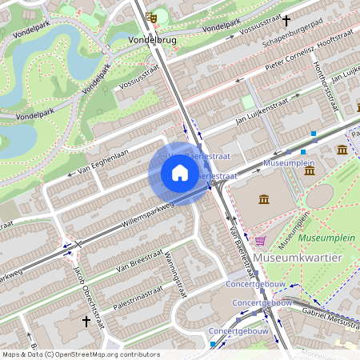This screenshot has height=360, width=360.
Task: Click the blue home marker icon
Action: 180,173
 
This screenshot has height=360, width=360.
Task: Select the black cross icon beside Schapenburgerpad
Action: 286,22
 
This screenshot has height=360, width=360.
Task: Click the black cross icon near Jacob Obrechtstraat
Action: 86,321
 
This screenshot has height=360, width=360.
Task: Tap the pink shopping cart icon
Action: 260,239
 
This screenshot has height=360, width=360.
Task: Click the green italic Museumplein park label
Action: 321,238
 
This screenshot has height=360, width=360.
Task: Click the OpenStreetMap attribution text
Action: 80,354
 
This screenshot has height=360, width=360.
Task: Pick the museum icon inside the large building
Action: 264,198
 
